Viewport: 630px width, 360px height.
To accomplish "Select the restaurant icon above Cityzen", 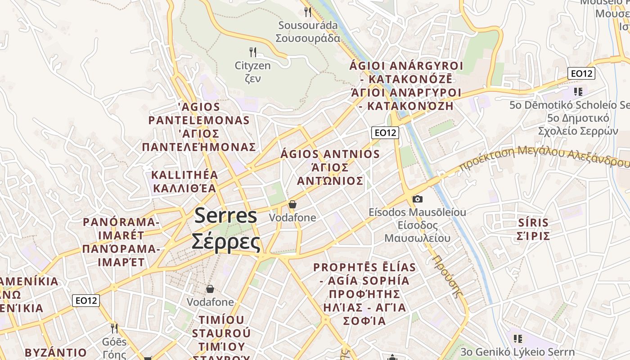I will pos(253,52).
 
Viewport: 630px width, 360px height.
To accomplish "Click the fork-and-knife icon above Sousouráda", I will pos(308,12).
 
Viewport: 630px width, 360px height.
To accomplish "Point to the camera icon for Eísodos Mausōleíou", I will pos(418,198).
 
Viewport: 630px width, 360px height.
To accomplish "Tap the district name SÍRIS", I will pos(533,223).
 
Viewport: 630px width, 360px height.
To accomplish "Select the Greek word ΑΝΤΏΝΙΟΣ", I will pos(330,181).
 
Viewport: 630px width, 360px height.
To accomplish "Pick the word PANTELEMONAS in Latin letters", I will pos(199,120).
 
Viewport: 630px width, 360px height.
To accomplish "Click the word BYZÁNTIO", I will pos(56,352).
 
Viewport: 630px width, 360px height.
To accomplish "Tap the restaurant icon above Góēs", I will pos(114,328).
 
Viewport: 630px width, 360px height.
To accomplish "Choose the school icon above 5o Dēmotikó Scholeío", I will pos(578,92).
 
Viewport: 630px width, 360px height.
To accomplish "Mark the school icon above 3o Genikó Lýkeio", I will pos(517,338).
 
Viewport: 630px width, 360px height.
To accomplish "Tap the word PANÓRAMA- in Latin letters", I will pos(121,222).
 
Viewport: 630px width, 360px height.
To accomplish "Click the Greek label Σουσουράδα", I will pos(308,38).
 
